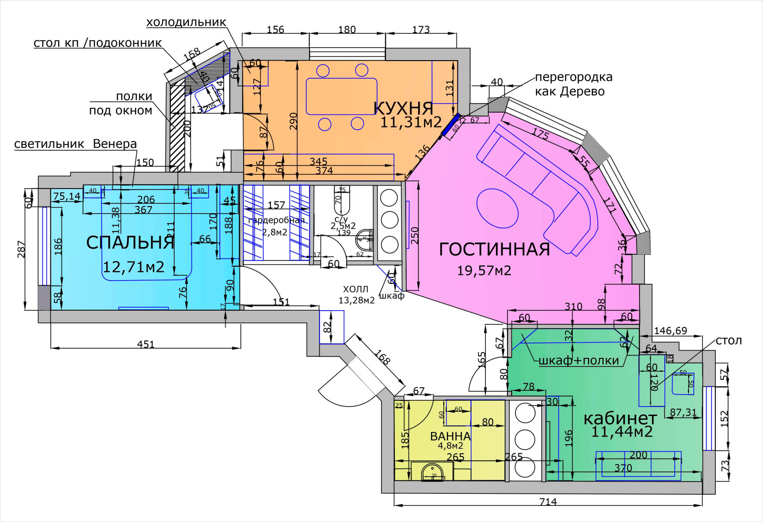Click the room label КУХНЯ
coord(403,108)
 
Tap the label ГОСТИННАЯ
coord(494,249)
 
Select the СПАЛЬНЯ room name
coord(130,242)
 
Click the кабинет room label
coord(620,418)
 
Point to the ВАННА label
coord(450,436)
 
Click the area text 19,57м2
coord(484,271)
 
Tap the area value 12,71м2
coord(134,267)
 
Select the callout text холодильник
coord(186,22)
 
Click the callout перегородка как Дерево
coord(573,84)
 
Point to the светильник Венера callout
coord(75,144)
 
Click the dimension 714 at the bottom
coord(548,501)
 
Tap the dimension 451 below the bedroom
coord(145,344)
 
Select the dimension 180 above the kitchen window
coord(347,29)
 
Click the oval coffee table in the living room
coord(497,209)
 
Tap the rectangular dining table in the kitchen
coord(341,96)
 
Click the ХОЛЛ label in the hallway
coord(355,289)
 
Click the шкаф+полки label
coord(578,361)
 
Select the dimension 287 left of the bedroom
coord(21,249)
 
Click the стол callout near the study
coord(729,340)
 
